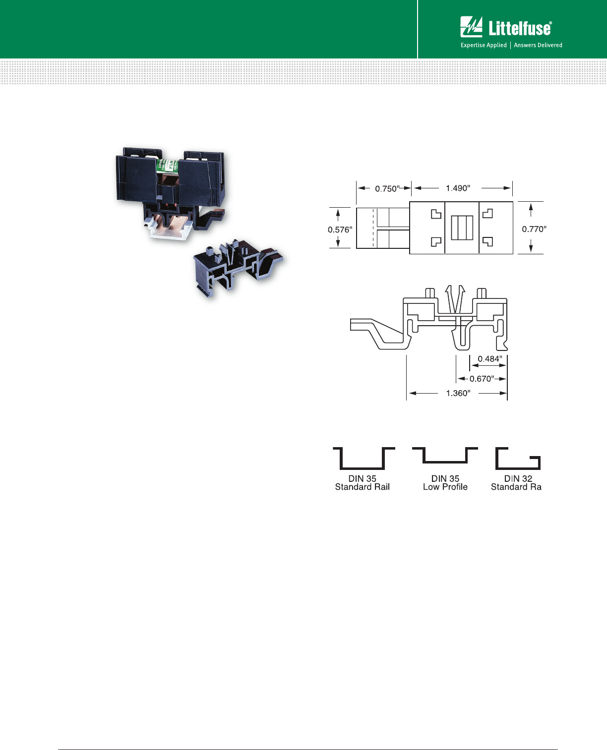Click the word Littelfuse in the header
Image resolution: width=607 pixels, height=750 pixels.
point(520,29)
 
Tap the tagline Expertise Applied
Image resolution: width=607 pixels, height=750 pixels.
point(484,45)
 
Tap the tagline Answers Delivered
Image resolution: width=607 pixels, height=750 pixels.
point(538,45)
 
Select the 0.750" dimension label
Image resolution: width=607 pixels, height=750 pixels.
point(387,189)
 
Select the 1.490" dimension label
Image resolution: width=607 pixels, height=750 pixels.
point(458,188)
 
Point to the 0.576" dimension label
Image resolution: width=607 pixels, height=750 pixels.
point(340,230)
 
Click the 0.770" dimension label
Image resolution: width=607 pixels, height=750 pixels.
point(534,229)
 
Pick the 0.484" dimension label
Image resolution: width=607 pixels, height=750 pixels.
point(489,359)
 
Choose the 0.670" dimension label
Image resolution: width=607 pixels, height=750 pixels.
point(482,379)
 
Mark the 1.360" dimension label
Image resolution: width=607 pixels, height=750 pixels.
point(458,394)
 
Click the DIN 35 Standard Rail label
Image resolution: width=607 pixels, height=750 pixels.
point(363,483)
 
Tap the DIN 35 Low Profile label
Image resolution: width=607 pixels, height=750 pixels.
point(445,483)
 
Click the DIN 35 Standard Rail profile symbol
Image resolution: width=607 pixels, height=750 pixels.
point(363,459)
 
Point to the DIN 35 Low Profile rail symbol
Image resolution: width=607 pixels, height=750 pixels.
point(445,455)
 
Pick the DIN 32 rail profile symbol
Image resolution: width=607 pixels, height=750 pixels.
point(518,459)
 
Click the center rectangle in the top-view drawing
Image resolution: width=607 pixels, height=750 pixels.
point(462,228)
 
